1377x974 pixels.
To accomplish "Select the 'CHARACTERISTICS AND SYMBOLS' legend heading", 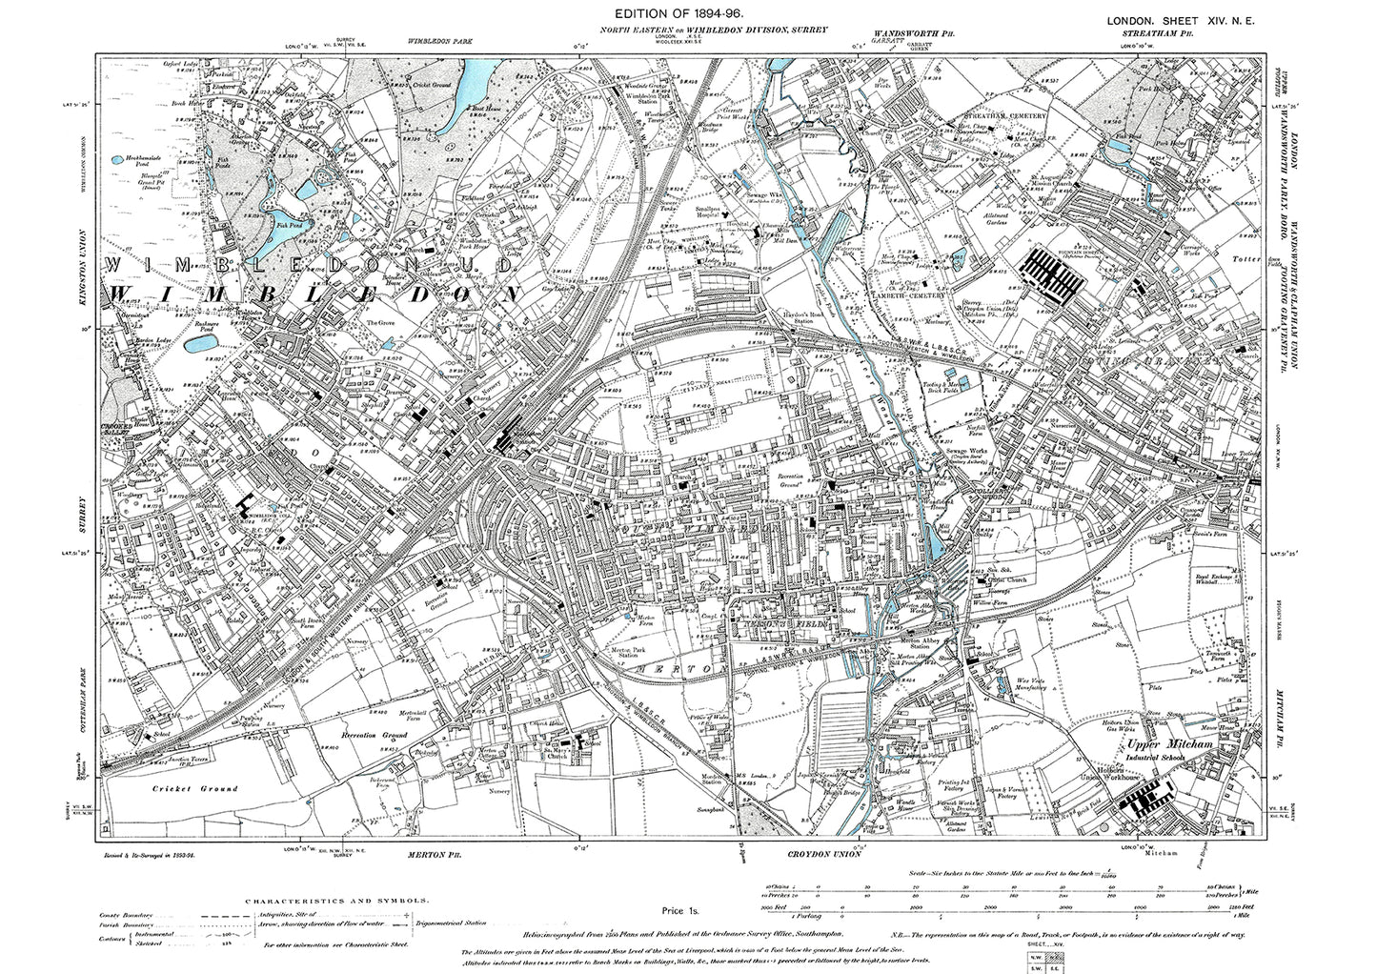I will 336,899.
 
